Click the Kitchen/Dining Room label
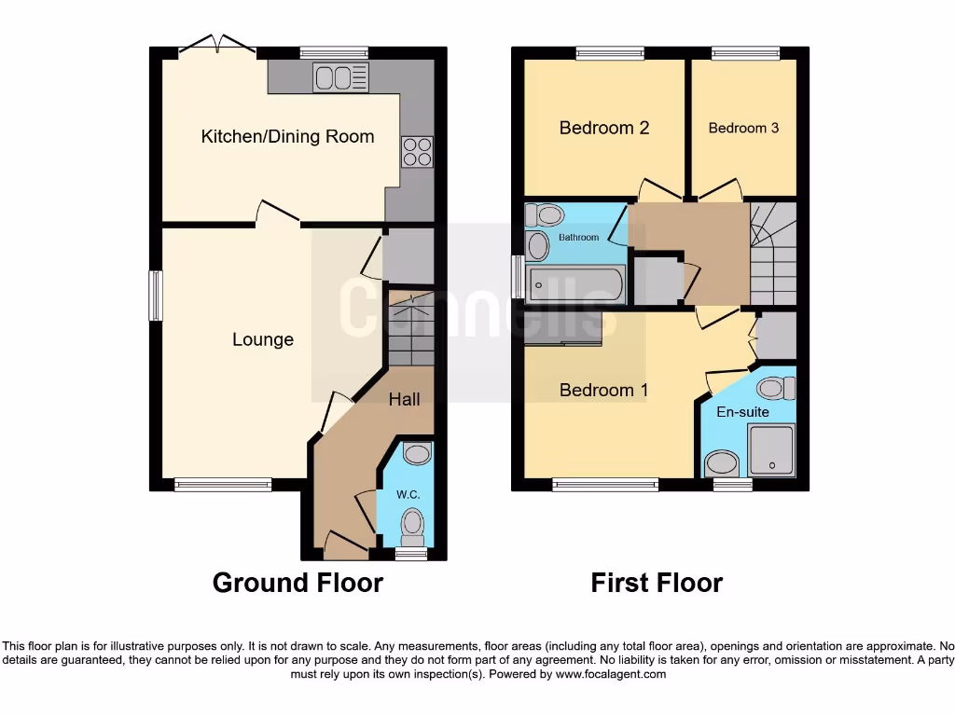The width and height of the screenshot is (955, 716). pyautogui.click(x=287, y=137)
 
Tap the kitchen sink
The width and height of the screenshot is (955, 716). pyautogui.click(x=341, y=77)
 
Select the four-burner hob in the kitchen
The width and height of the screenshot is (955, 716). pyautogui.click(x=417, y=151)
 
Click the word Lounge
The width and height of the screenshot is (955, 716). pyautogui.click(x=263, y=340)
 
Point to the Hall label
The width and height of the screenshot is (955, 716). pyautogui.click(x=404, y=399)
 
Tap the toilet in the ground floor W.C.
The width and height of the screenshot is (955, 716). pyautogui.click(x=411, y=527)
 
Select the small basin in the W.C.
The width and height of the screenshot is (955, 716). pyautogui.click(x=418, y=454)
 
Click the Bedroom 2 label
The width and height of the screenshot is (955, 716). pyautogui.click(x=603, y=128)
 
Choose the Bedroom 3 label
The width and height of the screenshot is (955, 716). pyautogui.click(x=743, y=128)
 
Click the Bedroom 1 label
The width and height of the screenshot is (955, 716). pyautogui.click(x=603, y=391)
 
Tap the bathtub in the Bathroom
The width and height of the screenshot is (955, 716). pyautogui.click(x=575, y=284)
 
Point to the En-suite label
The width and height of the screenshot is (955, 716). pyautogui.click(x=742, y=411)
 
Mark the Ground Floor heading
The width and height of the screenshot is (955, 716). pyautogui.click(x=298, y=583)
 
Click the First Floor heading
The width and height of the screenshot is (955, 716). pyautogui.click(x=657, y=583)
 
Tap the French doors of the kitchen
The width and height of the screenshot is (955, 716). pyautogui.click(x=216, y=45)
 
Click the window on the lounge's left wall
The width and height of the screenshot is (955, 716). pyautogui.click(x=156, y=296)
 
